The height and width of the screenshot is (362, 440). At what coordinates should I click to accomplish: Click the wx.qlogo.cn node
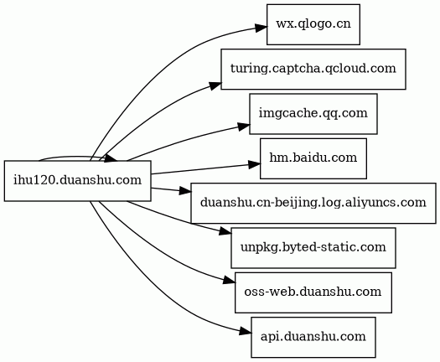click(x=313, y=24)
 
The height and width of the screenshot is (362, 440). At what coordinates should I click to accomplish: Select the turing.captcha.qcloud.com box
click(x=313, y=70)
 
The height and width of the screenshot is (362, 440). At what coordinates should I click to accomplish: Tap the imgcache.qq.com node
click(x=313, y=114)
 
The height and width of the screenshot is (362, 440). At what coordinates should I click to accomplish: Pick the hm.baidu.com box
click(x=313, y=158)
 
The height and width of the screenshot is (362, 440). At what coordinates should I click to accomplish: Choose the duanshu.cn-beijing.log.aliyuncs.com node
click(x=313, y=203)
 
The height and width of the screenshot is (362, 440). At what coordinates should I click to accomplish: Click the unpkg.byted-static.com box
click(x=313, y=248)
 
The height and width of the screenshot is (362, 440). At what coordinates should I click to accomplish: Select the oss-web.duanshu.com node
click(x=313, y=292)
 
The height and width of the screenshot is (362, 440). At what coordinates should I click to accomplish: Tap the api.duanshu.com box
click(x=313, y=338)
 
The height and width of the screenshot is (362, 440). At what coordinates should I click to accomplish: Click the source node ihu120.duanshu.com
click(x=77, y=181)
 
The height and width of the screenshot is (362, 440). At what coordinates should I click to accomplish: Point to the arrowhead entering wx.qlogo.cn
click(x=261, y=28)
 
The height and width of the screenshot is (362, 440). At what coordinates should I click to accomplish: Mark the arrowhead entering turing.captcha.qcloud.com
click(x=215, y=85)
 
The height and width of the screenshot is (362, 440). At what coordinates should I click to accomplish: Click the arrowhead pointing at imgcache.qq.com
click(x=244, y=127)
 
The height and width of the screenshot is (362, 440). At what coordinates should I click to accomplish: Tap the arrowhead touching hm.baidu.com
click(x=254, y=164)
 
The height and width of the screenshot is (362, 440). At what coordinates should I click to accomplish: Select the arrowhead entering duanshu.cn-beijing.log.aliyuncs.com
click(x=185, y=191)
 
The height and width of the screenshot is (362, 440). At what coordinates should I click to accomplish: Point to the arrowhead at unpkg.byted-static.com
click(x=225, y=231)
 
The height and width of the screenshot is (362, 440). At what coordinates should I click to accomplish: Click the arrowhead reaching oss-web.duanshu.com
click(x=230, y=281)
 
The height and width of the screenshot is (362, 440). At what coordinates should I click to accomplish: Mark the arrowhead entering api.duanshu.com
click(x=246, y=332)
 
